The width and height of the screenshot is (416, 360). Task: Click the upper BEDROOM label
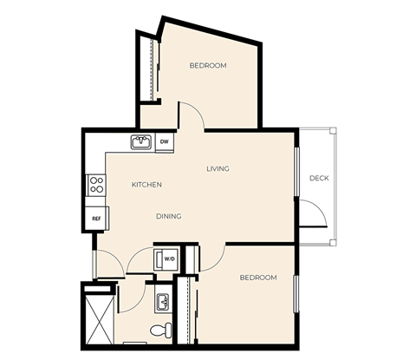point(208,66)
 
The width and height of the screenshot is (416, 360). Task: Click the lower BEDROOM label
point(257,278)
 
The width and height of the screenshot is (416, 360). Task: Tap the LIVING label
point(218,168)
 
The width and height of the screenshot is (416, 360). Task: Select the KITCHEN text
point(146,185)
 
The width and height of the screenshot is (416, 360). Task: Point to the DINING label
point(168,216)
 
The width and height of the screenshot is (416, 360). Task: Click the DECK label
point(319,179)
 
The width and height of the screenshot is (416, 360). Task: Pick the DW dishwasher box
point(165,141)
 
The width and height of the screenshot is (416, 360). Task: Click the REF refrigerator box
point(95,219)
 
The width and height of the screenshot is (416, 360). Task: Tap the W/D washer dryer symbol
point(166,259)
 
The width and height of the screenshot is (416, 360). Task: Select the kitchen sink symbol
point(141,141)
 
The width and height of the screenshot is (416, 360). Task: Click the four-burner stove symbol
point(96,184)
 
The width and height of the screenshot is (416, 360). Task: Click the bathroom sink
point(161,302)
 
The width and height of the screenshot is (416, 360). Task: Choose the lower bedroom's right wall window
point(296,292)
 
